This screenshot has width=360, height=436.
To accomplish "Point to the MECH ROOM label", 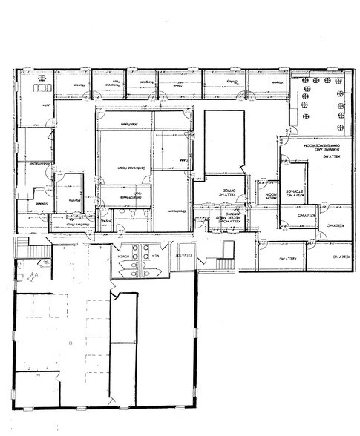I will [x=270, y=195].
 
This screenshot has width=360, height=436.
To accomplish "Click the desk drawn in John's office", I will [x=39, y=87].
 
